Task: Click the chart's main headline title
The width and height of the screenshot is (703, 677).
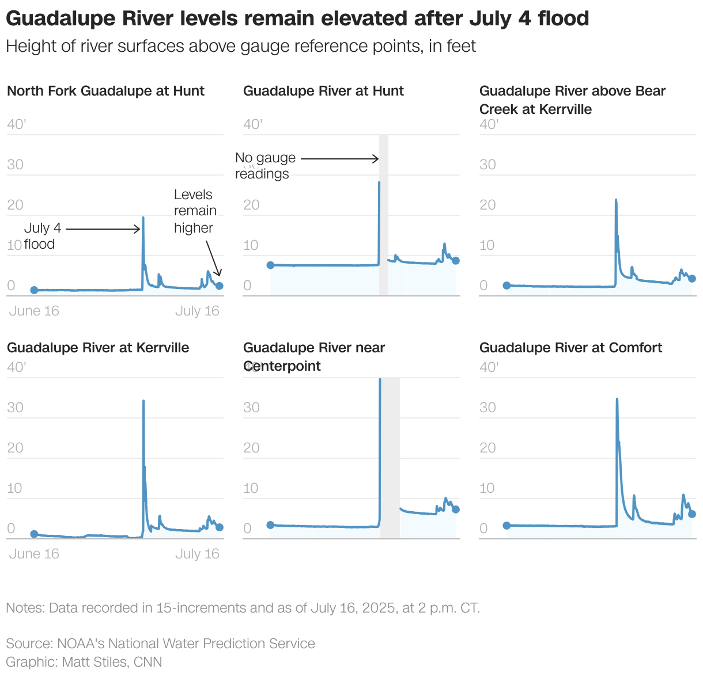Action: (297, 18)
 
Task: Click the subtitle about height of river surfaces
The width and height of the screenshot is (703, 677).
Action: (241, 46)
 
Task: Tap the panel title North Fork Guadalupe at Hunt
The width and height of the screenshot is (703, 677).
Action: (105, 91)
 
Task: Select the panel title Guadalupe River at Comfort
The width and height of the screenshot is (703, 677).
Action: (570, 348)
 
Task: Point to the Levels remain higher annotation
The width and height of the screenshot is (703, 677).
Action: (195, 211)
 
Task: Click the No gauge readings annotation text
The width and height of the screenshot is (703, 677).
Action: (265, 166)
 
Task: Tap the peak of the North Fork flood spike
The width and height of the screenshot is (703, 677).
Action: (143, 218)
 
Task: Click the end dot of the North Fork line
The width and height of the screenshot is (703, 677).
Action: (219, 286)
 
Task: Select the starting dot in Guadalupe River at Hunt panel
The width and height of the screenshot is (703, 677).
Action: (270, 265)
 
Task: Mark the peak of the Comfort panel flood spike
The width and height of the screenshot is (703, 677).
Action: (617, 399)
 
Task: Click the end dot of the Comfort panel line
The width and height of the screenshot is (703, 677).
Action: (692, 514)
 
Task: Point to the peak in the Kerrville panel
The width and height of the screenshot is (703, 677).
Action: (143, 401)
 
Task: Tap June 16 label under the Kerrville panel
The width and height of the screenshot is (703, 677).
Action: (34, 554)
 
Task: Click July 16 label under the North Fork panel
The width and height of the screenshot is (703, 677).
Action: (197, 311)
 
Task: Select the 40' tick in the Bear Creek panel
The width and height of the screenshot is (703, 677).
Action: (489, 124)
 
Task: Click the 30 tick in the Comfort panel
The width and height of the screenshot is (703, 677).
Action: (487, 408)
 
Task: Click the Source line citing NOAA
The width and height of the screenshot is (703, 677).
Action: (160, 644)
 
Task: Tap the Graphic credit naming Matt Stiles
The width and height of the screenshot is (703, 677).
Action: (84, 662)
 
